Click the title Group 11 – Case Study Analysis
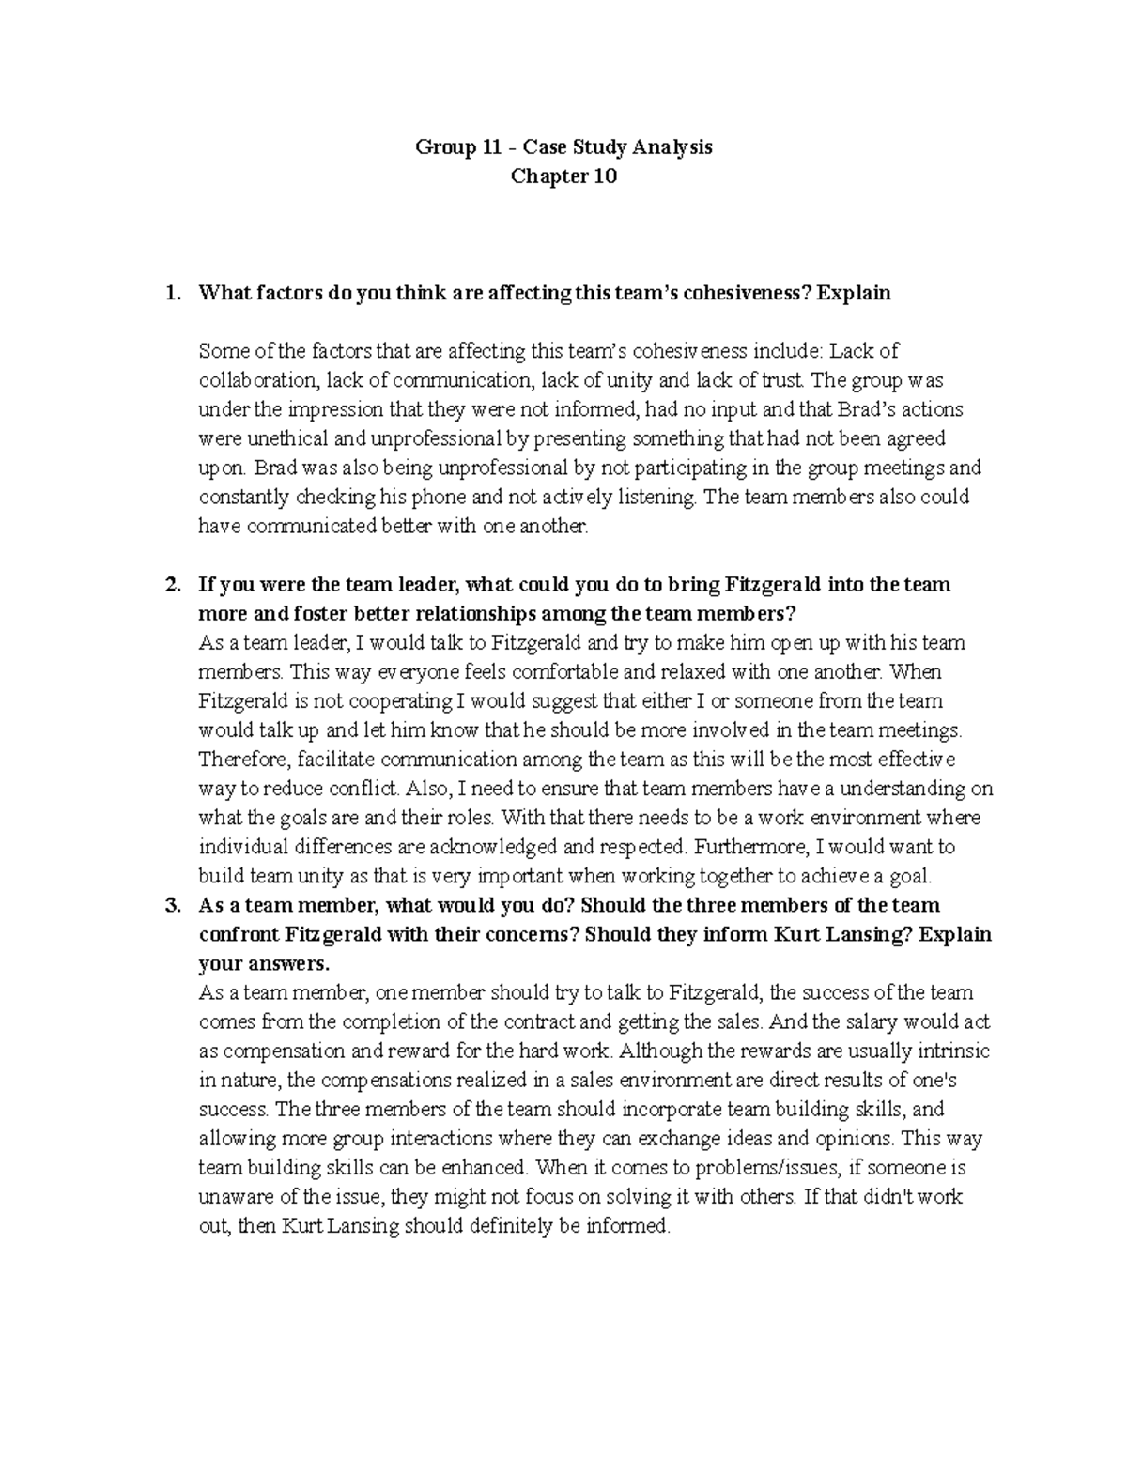563,147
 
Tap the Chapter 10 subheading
563,176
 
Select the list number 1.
171,293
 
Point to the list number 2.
171,585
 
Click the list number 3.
171,906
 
